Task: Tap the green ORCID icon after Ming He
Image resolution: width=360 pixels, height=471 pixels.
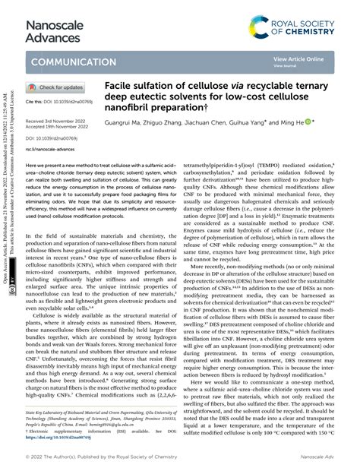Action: point(308,122)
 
